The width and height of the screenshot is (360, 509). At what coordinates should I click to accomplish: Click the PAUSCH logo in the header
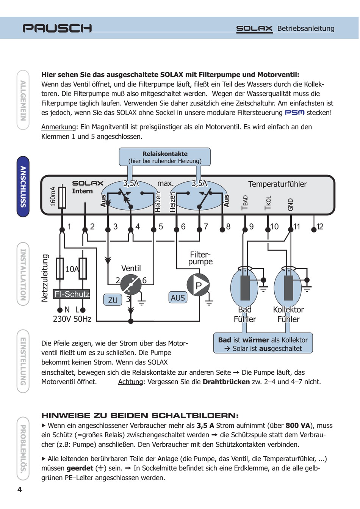pos(57,28)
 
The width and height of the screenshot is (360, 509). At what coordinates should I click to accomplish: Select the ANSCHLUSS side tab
pos(23,186)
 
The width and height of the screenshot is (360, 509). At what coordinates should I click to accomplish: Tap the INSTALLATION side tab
pos(23,273)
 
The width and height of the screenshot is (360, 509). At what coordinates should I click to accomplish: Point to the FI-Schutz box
pos(72,294)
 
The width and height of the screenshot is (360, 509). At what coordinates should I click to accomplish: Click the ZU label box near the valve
pos(113,300)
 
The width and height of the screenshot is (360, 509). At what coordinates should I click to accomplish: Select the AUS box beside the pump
pos(178,298)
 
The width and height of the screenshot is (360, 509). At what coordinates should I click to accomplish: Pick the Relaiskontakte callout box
pos(165,157)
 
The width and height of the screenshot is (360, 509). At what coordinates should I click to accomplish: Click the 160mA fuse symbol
pos(62,197)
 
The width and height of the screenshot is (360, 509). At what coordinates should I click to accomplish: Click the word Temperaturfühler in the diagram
pos(277,184)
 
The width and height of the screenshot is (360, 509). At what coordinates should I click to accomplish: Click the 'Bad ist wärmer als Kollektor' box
pos(263,344)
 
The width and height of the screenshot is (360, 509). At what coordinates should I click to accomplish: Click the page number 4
pos(19,489)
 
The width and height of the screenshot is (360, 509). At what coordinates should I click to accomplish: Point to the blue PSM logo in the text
pos(294,113)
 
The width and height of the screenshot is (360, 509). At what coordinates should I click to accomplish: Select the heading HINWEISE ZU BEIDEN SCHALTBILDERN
pos(140,415)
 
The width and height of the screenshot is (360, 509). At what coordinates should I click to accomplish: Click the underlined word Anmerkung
pos(58,127)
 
